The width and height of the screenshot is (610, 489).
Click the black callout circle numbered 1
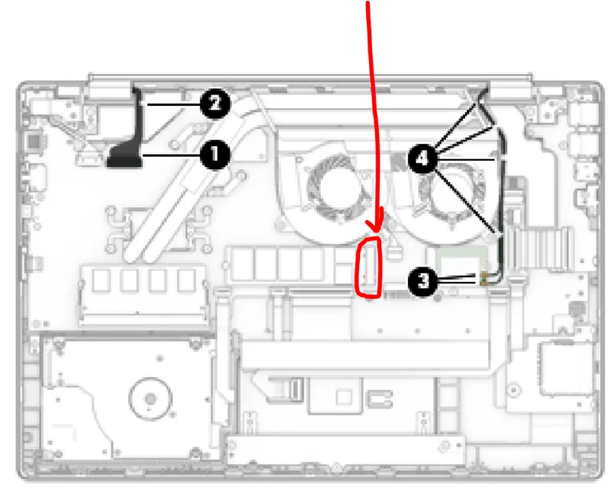click(x=214, y=155)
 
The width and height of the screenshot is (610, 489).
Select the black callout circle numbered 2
click(x=215, y=104)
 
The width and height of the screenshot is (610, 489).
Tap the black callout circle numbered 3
click(x=423, y=280)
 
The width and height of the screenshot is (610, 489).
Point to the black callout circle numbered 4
click(x=422, y=158)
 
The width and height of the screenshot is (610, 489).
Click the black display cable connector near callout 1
click(x=124, y=155)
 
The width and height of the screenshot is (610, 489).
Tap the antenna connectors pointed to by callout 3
click(x=484, y=279)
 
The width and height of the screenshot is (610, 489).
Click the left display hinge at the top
click(x=109, y=90)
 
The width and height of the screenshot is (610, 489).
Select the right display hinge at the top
click(x=510, y=90)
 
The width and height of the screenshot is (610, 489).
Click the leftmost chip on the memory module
click(x=101, y=280)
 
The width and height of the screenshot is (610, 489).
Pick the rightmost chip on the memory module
click(x=186, y=280)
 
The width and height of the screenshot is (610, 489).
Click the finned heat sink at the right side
click(x=540, y=249)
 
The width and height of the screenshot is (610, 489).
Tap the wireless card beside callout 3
click(x=462, y=266)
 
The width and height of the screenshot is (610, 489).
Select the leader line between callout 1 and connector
click(x=171, y=155)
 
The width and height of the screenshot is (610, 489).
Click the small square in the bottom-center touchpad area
click(x=344, y=398)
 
